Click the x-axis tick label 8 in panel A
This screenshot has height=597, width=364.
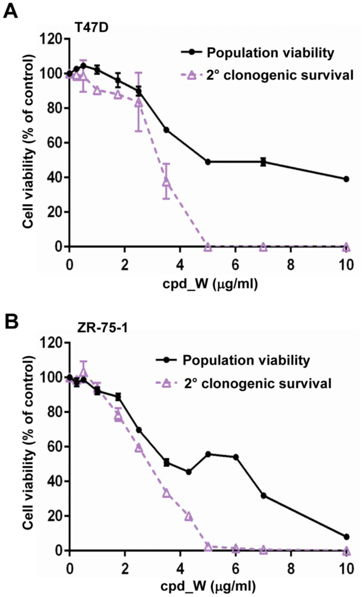[x=291, y=265]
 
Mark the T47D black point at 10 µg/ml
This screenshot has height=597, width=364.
[x=346, y=179]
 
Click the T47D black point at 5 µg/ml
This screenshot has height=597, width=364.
[x=208, y=162]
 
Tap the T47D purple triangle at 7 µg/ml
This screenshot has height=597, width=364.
[x=263, y=247]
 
